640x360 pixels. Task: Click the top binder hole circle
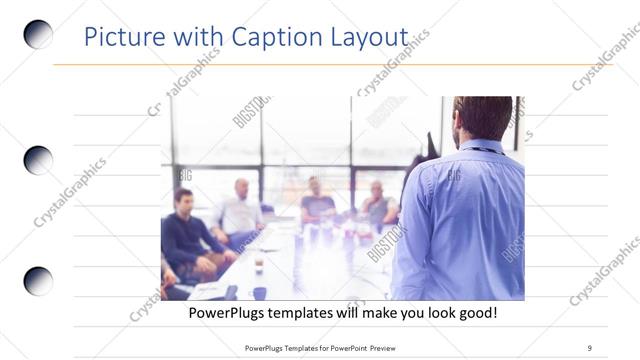(x=38, y=35)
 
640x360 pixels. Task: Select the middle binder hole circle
(x=38, y=160)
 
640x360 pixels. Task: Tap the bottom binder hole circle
(x=38, y=281)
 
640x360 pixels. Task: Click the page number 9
(x=590, y=347)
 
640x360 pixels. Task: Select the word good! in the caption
(x=475, y=313)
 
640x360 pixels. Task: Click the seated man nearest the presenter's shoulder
(x=378, y=205)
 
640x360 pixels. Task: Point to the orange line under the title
(x=330, y=65)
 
